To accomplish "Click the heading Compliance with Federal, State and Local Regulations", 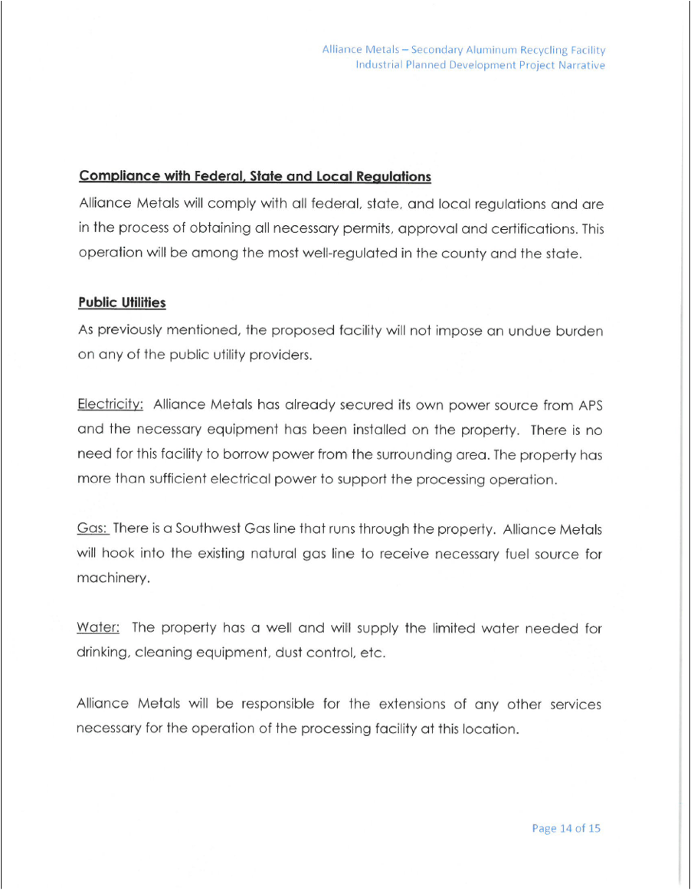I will tap(254, 176).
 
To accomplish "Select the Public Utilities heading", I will tap(122, 303).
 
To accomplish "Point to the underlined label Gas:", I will tap(93, 528).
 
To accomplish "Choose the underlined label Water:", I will tap(98, 628).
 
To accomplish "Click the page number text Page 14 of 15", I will tap(566, 828).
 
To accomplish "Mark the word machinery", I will tap(112, 579).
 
